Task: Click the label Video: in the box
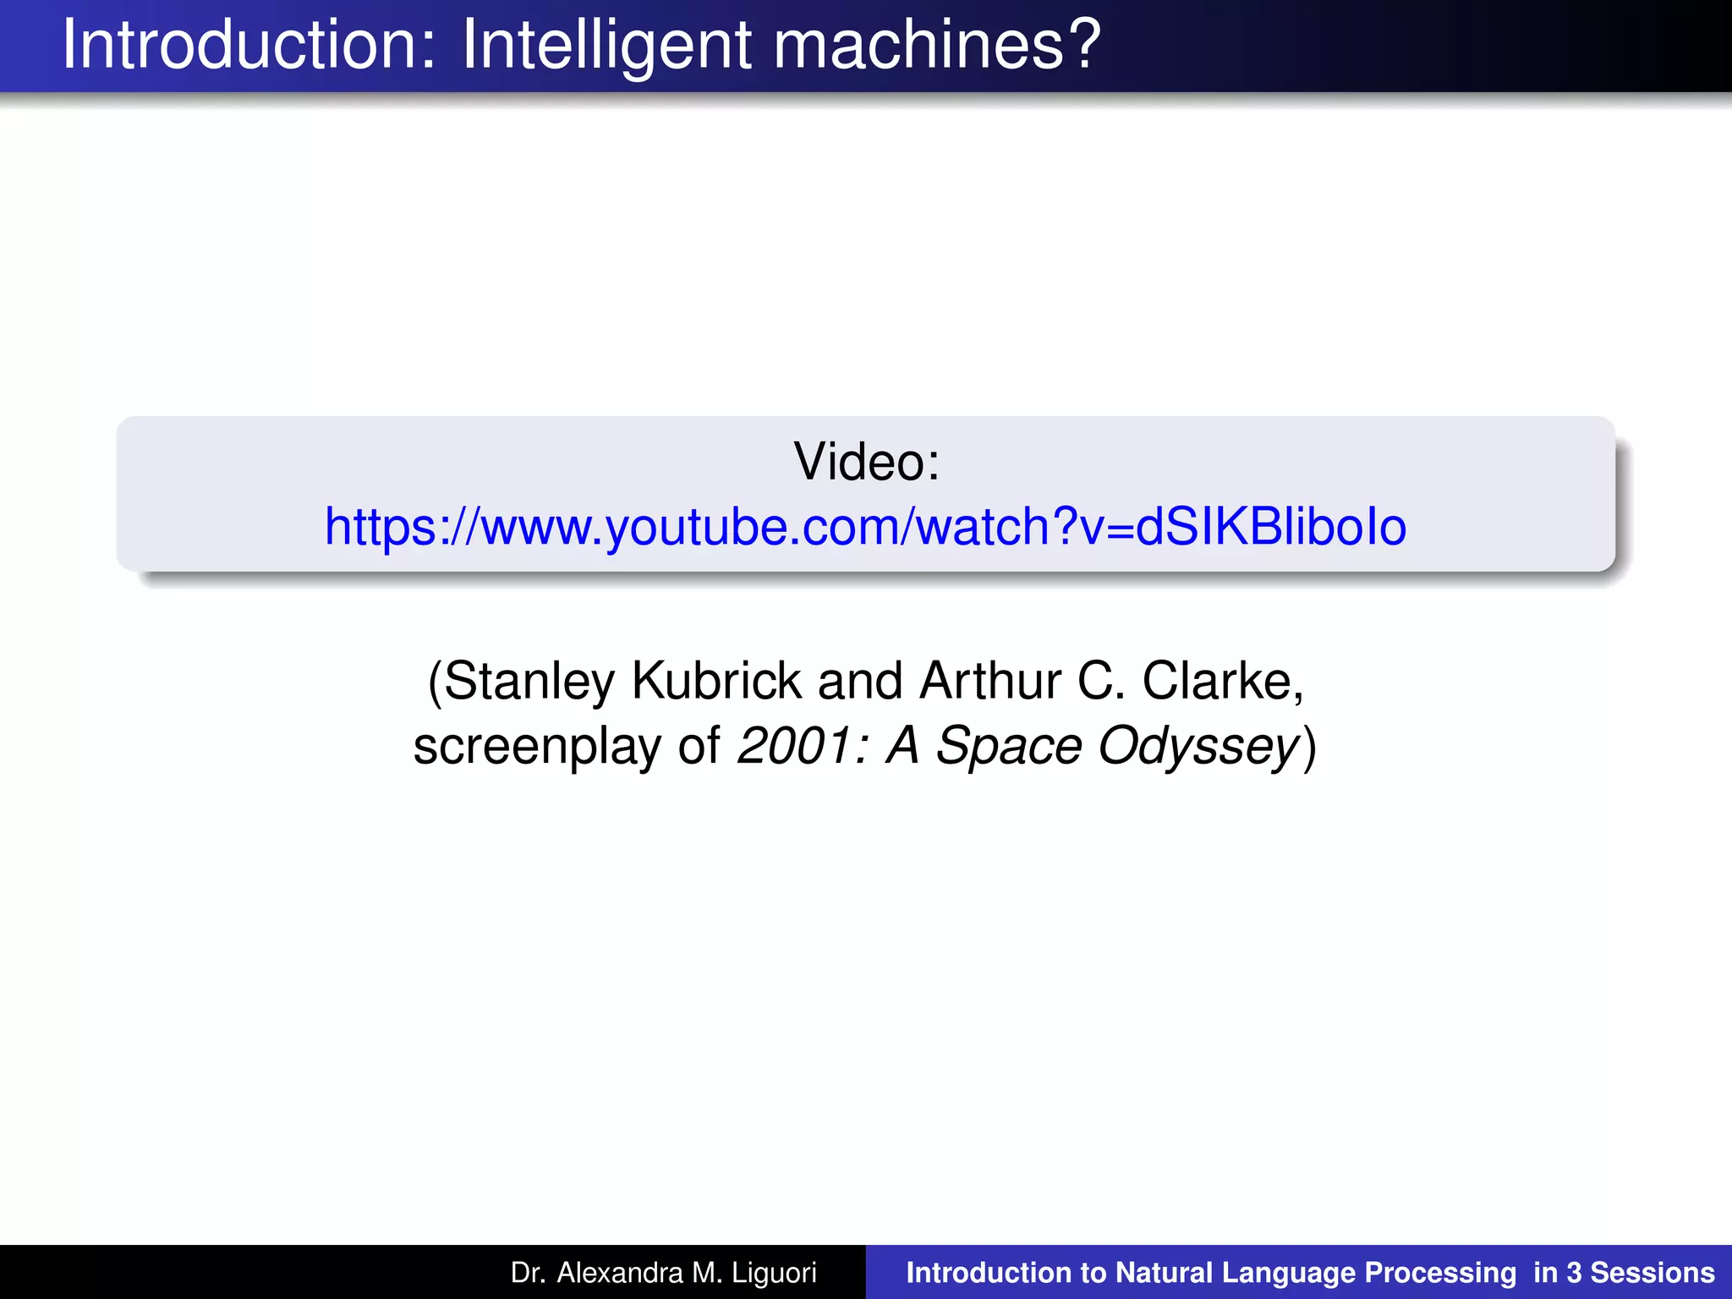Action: (x=866, y=462)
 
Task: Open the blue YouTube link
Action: (x=866, y=527)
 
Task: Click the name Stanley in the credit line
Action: (x=529, y=681)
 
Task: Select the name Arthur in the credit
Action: (x=989, y=681)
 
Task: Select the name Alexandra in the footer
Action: (x=620, y=1273)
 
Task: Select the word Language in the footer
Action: (x=1289, y=1273)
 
